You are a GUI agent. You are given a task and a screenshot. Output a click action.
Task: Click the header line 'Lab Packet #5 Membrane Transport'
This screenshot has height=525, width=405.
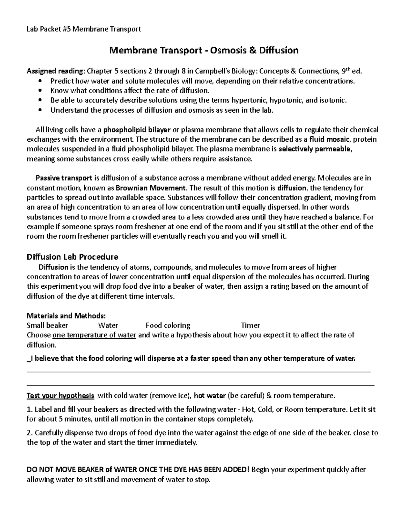84,29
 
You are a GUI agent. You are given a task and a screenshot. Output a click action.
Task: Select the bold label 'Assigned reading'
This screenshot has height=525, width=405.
55,71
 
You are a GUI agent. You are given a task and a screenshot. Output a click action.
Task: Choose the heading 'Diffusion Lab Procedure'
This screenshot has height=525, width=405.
72,257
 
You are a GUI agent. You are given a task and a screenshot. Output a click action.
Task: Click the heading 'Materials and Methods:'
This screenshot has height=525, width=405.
66,316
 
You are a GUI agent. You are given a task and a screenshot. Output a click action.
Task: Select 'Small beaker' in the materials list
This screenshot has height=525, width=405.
47,326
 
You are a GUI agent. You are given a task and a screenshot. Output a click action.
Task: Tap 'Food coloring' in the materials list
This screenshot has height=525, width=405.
168,326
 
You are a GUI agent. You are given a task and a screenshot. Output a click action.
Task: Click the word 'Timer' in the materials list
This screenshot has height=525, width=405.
250,326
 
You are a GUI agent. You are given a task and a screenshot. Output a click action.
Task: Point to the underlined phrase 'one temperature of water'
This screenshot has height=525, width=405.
94,335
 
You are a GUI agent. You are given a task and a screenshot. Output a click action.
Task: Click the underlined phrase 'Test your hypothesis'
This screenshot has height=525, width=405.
60,396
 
